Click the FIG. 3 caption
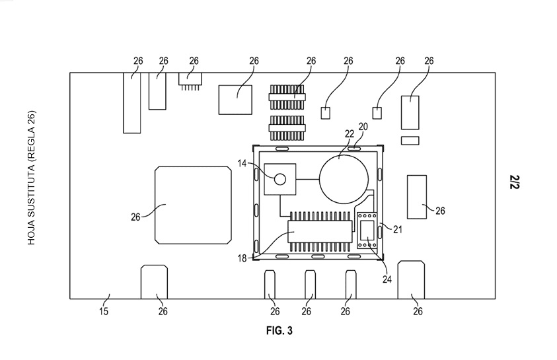pyautogui.click(x=279, y=331)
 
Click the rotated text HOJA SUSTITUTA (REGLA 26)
pyautogui.click(x=32, y=178)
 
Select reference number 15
pyautogui.click(x=103, y=312)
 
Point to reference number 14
pyautogui.click(x=242, y=163)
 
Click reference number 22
pyautogui.click(x=350, y=134)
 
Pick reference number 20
pyautogui.click(x=363, y=127)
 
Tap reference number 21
pyautogui.click(x=398, y=230)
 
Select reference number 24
pyautogui.click(x=387, y=279)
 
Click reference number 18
pyautogui.click(x=242, y=258)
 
